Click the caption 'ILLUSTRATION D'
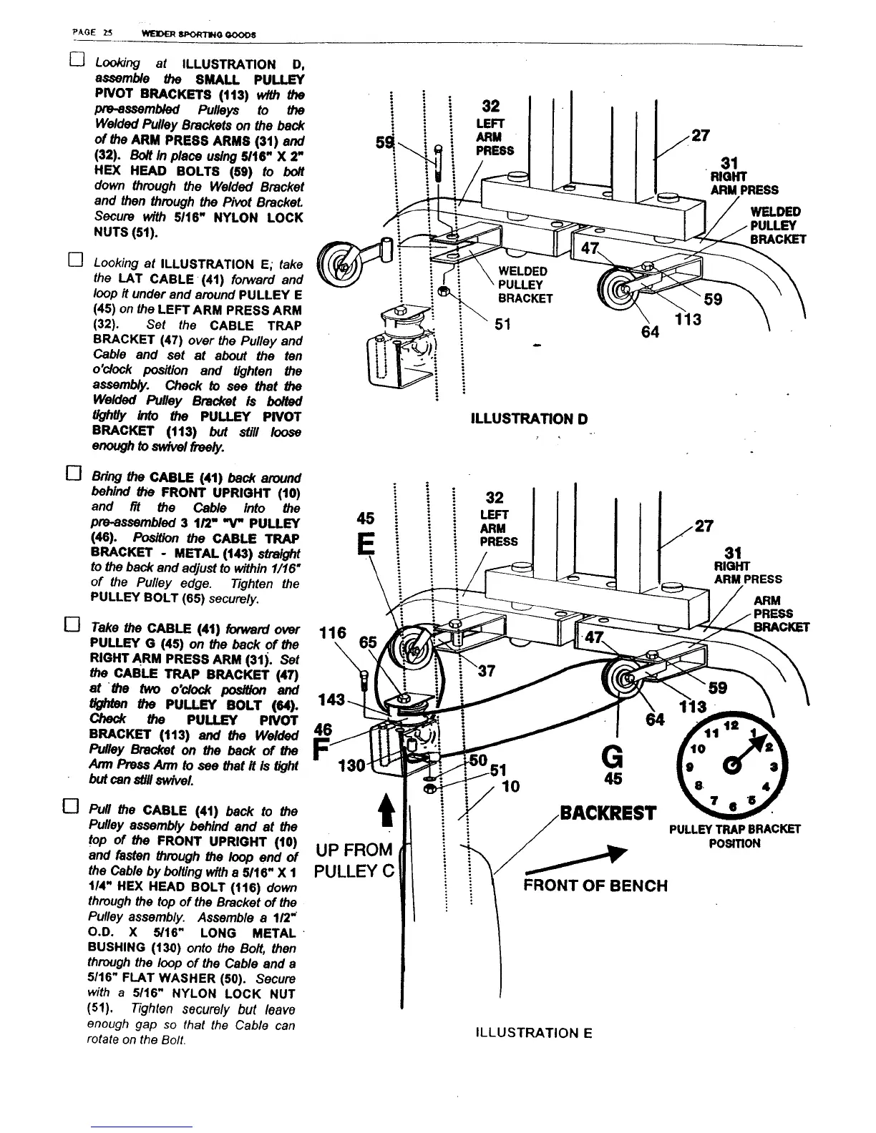[529, 418]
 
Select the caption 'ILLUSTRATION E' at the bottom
[533, 1033]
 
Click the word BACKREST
[608, 813]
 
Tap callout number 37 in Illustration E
[486, 670]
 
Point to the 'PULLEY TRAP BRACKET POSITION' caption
[734, 836]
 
